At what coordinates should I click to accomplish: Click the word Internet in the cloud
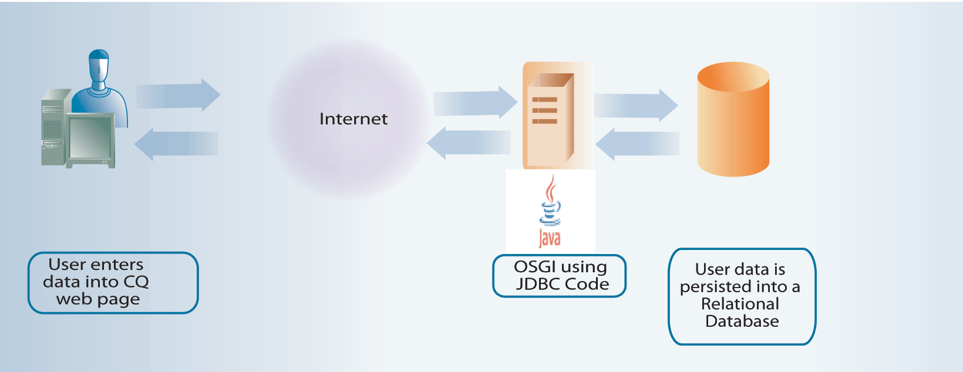pyautogui.click(x=353, y=119)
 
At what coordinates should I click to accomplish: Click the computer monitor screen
pyautogui.click(x=90, y=137)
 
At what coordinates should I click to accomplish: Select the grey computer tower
pyautogui.click(x=53, y=126)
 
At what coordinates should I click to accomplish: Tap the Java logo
pyautogui.click(x=550, y=212)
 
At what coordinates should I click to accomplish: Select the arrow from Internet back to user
pyautogui.click(x=176, y=144)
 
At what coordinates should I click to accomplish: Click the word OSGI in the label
pyautogui.click(x=535, y=267)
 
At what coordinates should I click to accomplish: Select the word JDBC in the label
pyautogui.click(x=537, y=285)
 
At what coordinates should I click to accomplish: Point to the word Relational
pyautogui.click(x=740, y=304)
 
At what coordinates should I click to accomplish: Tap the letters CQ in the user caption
pyautogui.click(x=136, y=282)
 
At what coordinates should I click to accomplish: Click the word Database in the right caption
pyautogui.click(x=742, y=322)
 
